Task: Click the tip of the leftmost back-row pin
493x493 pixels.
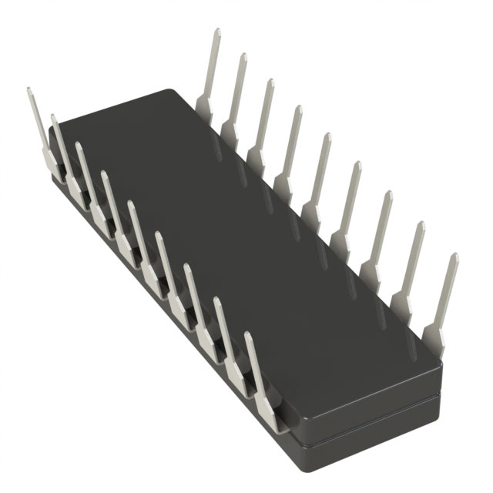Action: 216,32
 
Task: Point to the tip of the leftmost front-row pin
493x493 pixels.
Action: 29,90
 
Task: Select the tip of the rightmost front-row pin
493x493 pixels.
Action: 248,335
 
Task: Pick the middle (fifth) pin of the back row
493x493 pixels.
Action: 317,177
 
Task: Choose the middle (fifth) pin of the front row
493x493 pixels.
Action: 139,231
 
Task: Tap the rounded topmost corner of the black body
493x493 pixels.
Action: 168,91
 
